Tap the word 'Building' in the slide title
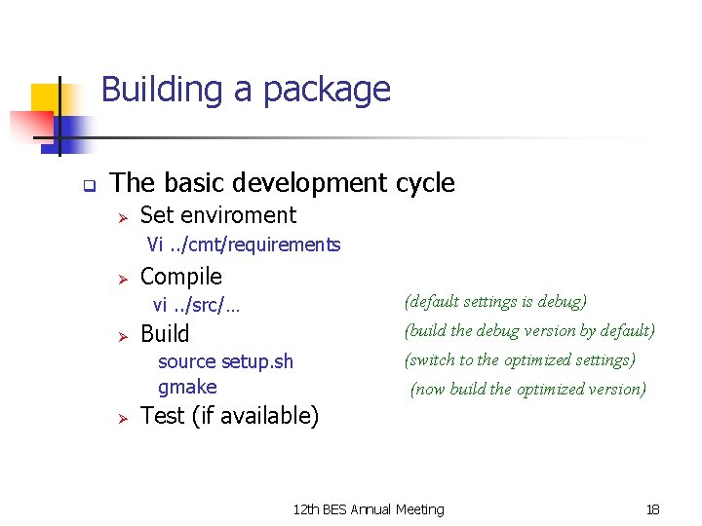coord(162,90)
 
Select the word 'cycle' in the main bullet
coord(425,183)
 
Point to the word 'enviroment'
coord(247,215)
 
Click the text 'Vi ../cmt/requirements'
coord(244,244)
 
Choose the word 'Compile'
coord(181,277)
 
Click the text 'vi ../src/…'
coord(196,306)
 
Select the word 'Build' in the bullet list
coord(165,334)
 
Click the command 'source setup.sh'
coord(225,361)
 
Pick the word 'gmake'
coord(187,387)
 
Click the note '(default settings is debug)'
coord(494,302)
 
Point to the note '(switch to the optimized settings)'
coord(520,359)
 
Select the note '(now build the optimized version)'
coord(528,389)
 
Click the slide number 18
coord(652,509)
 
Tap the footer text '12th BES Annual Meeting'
coord(368,509)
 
